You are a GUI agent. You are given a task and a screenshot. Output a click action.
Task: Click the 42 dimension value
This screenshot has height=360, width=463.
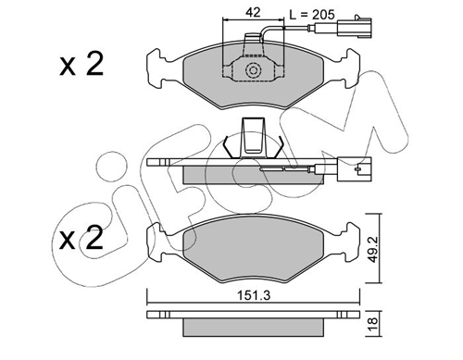(x=253, y=12)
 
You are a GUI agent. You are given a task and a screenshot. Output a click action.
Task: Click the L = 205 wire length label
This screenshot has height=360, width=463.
(x=312, y=15)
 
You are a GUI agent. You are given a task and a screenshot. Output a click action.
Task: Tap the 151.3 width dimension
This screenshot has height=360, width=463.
(x=254, y=295)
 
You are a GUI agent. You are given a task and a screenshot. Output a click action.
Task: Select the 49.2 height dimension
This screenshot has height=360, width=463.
(x=373, y=248)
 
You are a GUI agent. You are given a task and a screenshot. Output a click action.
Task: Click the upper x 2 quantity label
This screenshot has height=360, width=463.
(x=81, y=64)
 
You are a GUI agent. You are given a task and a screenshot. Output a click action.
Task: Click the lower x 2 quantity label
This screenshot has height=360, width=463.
(x=81, y=237)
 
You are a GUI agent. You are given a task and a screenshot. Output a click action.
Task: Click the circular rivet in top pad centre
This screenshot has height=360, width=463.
(x=254, y=70)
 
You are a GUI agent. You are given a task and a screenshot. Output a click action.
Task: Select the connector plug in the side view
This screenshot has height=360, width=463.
(x=355, y=168)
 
